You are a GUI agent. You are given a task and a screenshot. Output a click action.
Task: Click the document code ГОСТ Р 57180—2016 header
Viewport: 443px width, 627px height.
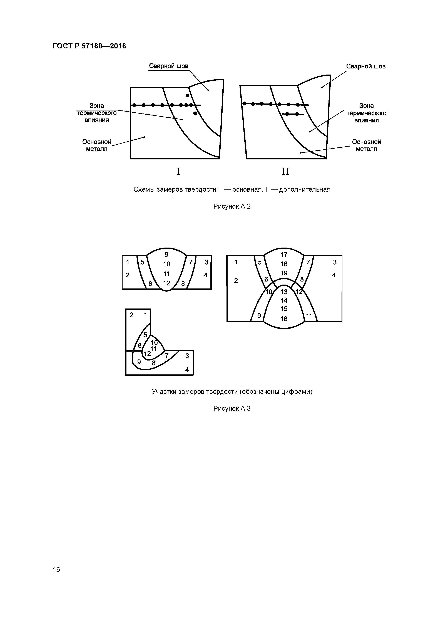tap(89, 46)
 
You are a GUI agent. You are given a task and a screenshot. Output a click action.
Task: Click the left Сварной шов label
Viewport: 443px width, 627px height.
tap(168, 66)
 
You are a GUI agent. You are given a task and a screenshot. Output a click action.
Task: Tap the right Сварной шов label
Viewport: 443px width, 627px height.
tap(366, 66)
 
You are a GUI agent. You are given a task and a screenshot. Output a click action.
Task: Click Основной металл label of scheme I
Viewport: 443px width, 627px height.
tap(97, 145)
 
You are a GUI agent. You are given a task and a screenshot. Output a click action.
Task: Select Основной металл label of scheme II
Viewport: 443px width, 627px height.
tap(366, 145)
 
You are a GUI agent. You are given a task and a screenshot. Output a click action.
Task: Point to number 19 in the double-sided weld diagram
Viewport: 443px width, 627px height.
tap(284, 273)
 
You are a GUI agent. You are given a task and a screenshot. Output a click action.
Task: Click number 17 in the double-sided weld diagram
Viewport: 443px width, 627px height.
tap(284, 255)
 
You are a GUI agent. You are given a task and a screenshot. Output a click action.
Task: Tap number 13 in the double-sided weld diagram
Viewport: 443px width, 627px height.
tap(284, 292)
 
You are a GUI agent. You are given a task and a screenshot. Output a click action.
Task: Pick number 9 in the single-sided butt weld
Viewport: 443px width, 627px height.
tap(166, 255)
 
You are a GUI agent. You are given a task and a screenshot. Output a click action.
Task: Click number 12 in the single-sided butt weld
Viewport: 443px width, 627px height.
tap(166, 283)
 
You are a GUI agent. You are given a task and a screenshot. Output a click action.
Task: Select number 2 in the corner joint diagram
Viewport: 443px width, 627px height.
tap(132, 315)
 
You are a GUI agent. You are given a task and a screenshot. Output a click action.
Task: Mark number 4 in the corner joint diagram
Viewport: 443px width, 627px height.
tap(187, 369)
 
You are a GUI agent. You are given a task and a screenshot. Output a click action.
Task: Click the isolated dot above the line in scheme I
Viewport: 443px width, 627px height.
tap(187, 96)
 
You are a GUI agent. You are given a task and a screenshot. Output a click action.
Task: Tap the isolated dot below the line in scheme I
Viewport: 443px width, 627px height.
tap(195, 113)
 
